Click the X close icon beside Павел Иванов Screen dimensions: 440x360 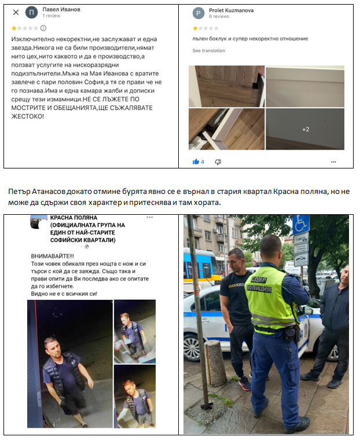coord(16,12)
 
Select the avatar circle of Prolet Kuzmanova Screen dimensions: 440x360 coord(199,13)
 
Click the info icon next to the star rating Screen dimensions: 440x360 coord(43,28)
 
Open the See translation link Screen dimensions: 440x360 coord(208,51)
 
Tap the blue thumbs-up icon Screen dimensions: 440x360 coord(196,162)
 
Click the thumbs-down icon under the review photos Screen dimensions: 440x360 coord(218,162)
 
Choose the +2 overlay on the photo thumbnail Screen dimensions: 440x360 coord(305,129)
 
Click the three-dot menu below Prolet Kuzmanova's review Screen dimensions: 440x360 coord(334,162)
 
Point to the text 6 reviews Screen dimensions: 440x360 coord(219,17)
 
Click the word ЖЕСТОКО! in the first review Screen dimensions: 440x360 coord(27,116)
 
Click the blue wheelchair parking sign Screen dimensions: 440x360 coord(300,224)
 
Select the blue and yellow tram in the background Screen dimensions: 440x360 coord(195,266)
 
